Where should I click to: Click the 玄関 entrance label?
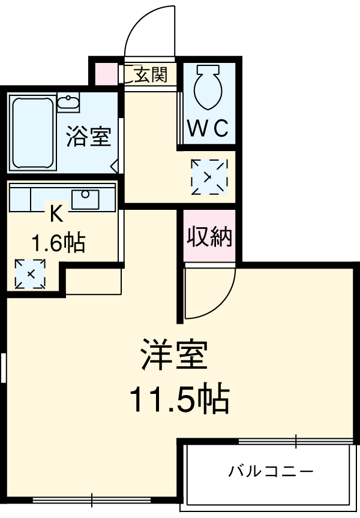pyautogui.click(x=149, y=76)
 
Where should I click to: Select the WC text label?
pyautogui.click(x=208, y=128)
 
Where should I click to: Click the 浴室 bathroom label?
pyautogui.click(x=88, y=137)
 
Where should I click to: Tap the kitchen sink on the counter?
pyautogui.click(x=85, y=198)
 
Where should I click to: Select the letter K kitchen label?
pyautogui.click(x=56, y=213)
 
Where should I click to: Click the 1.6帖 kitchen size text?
pyautogui.click(x=58, y=243)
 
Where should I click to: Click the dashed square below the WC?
pyautogui.click(x=209, y=177)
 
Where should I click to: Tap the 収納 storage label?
pyautogui.click(x=209, y=237)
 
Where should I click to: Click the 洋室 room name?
pyautogui.click(x=175, y=356)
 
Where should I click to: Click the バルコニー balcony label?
pyautogui.click(x=270, y=471)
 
